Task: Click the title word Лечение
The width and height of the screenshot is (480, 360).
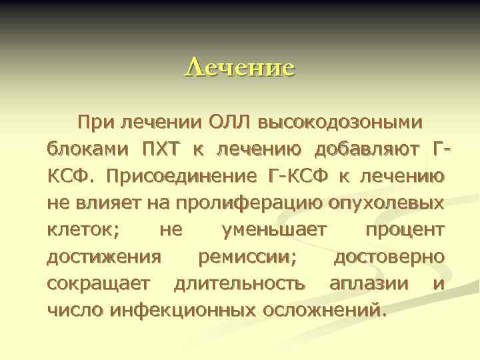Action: (239, 68)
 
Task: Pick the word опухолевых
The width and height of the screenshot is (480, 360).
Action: (386, 203)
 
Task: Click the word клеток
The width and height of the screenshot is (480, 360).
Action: (82, 231)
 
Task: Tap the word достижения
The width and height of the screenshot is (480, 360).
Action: (104, 257)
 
